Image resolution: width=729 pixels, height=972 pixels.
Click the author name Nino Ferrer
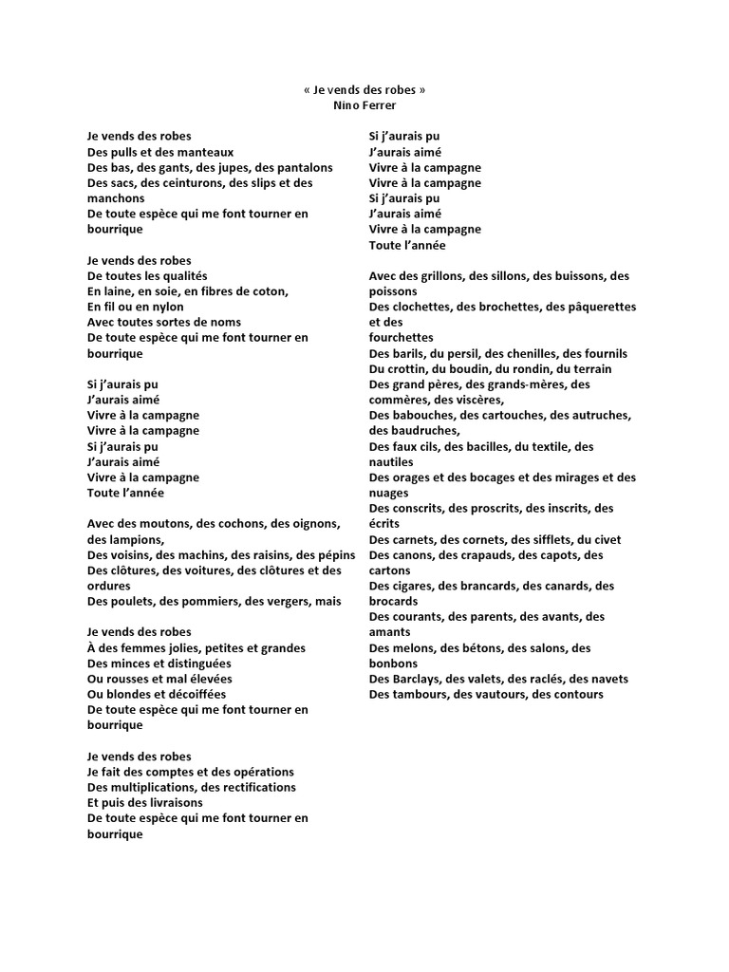(x=364, y=105)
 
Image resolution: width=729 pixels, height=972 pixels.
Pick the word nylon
(x=168, y=307)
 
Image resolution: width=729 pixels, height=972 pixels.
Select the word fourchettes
(x=401, y=338)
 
